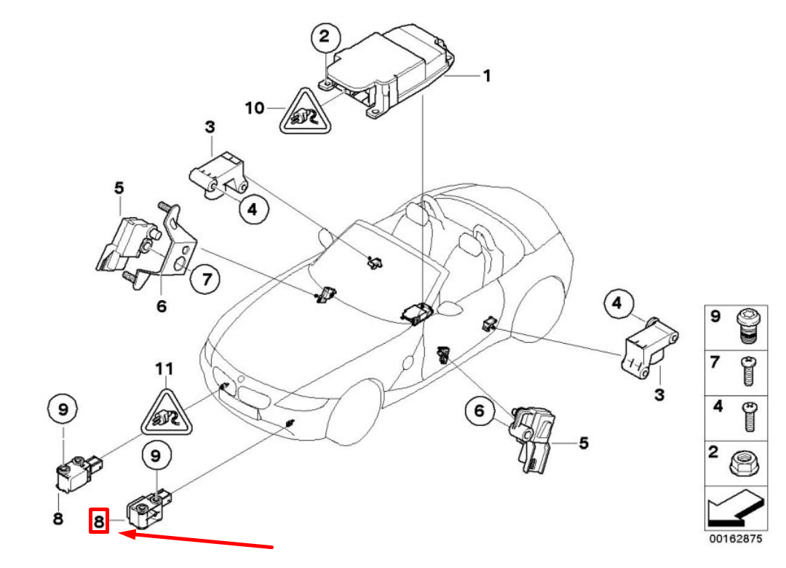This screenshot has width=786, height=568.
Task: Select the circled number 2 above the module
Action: tap(325, 36)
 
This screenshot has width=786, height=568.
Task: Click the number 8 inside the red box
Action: tap(99, 521)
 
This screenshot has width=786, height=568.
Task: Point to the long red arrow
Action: tap(196, 540)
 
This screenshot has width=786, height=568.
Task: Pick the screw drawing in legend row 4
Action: tap(745, 417)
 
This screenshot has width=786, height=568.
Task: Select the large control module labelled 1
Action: tap(389, 69)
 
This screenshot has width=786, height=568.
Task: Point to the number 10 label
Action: tap(254, 109)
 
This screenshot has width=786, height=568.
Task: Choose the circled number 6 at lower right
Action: tap(480, 412)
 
